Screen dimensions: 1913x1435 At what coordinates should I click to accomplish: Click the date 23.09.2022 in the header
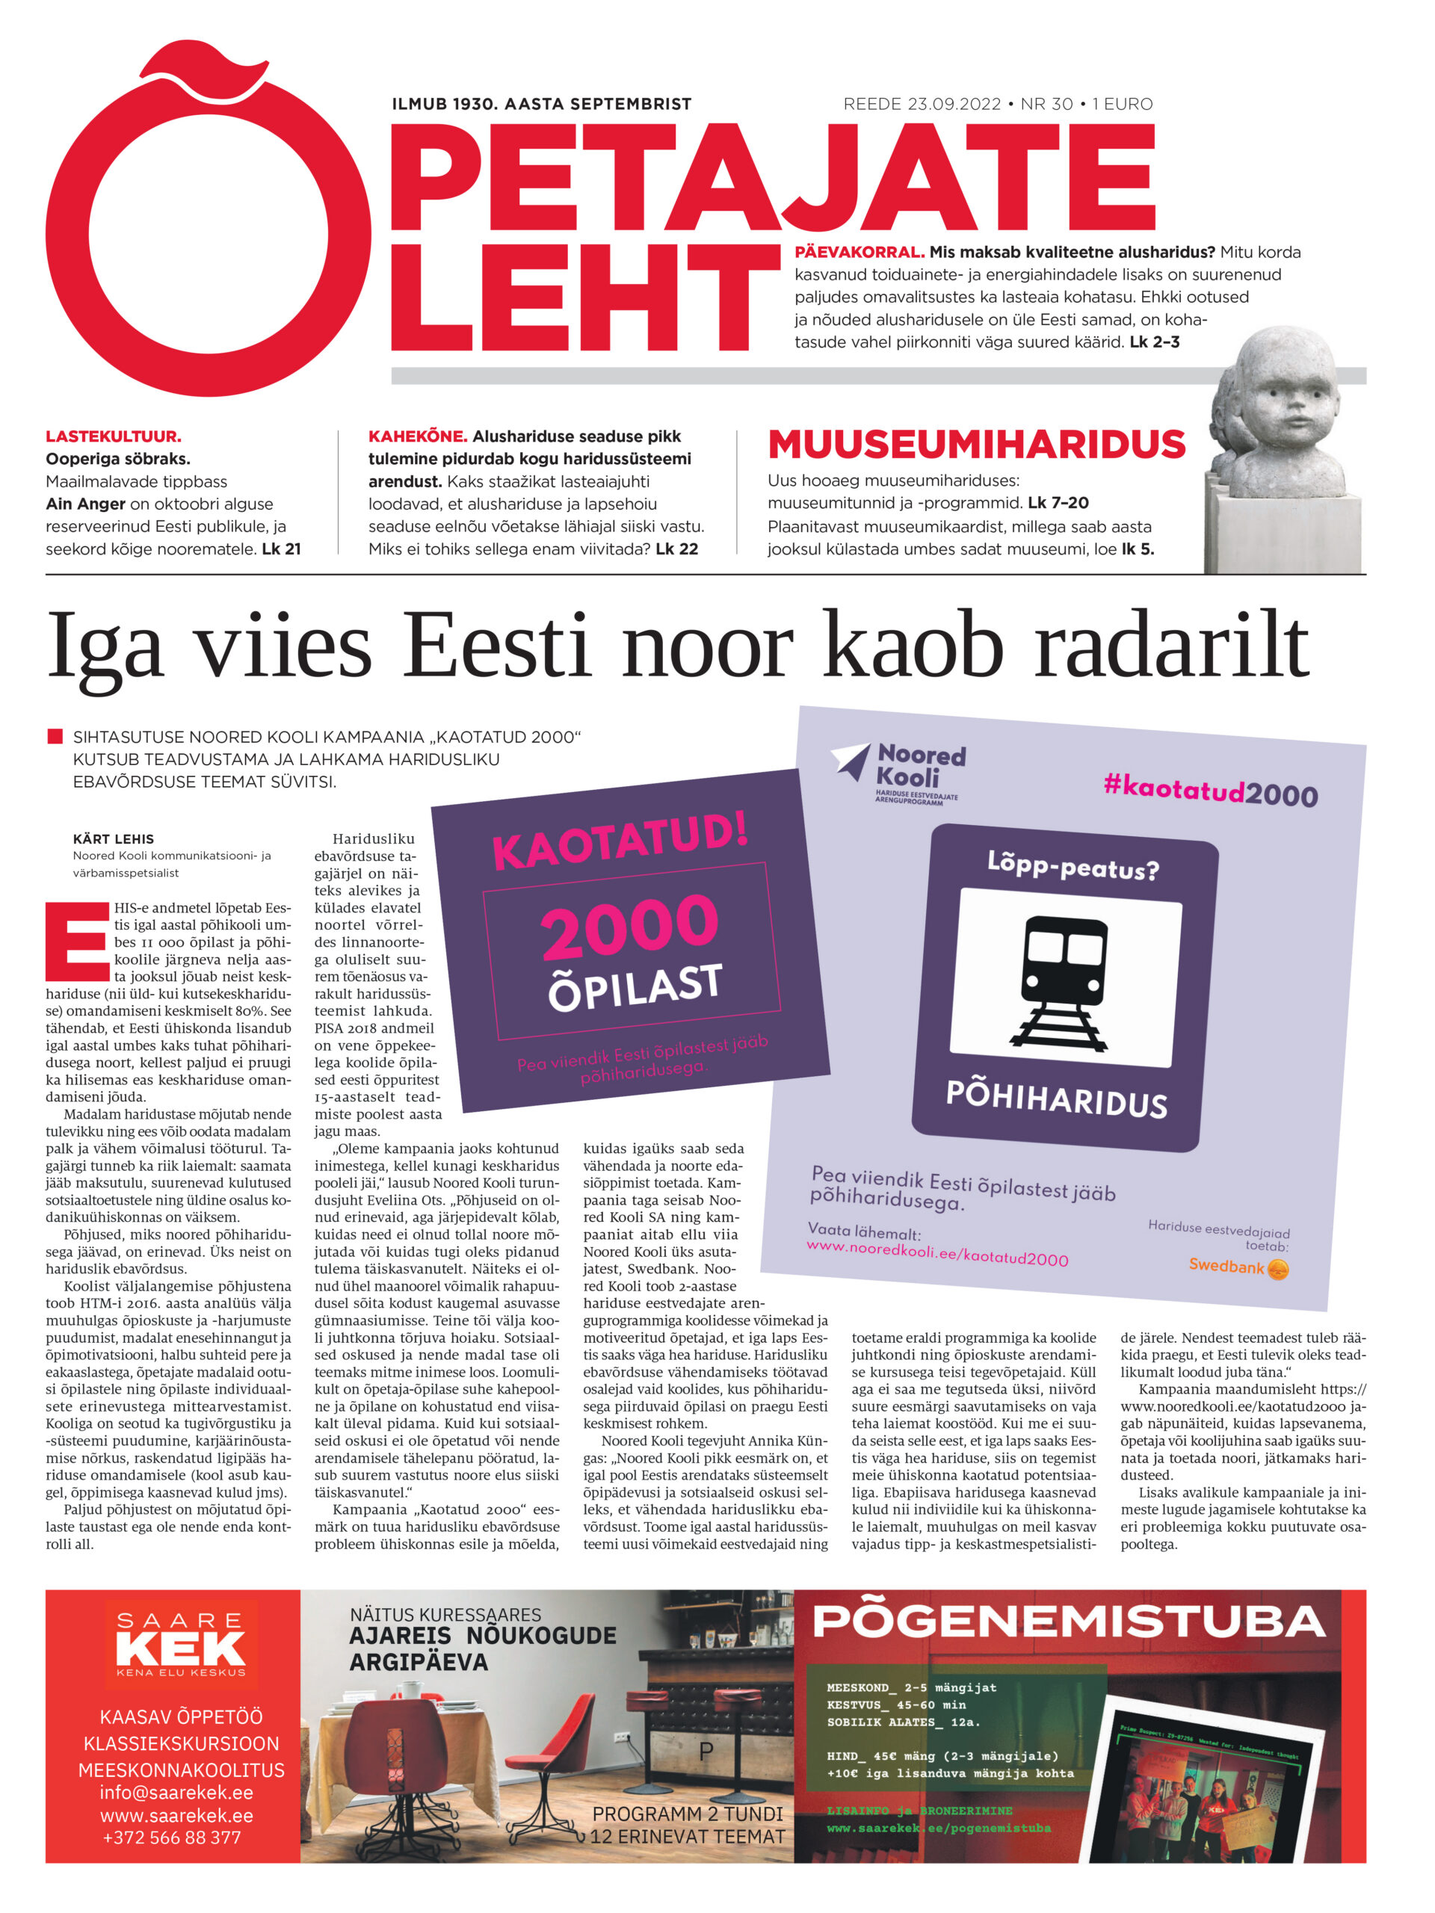point(953,104)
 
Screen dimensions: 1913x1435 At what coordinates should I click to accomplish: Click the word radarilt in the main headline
point(1171,646)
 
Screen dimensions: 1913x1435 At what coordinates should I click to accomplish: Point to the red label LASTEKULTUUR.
point(114,436)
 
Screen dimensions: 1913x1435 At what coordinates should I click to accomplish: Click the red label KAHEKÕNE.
point(417,436)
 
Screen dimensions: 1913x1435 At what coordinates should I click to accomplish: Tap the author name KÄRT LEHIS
point(114,839)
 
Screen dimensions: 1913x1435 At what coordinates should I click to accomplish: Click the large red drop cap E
point(77,949)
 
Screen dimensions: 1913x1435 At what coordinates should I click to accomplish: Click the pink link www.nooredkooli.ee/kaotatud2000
point(936,1252)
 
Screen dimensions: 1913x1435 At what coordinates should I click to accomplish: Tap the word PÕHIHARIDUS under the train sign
point(1056,1098)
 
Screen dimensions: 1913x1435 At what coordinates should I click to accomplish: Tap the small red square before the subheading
point(55,737)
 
